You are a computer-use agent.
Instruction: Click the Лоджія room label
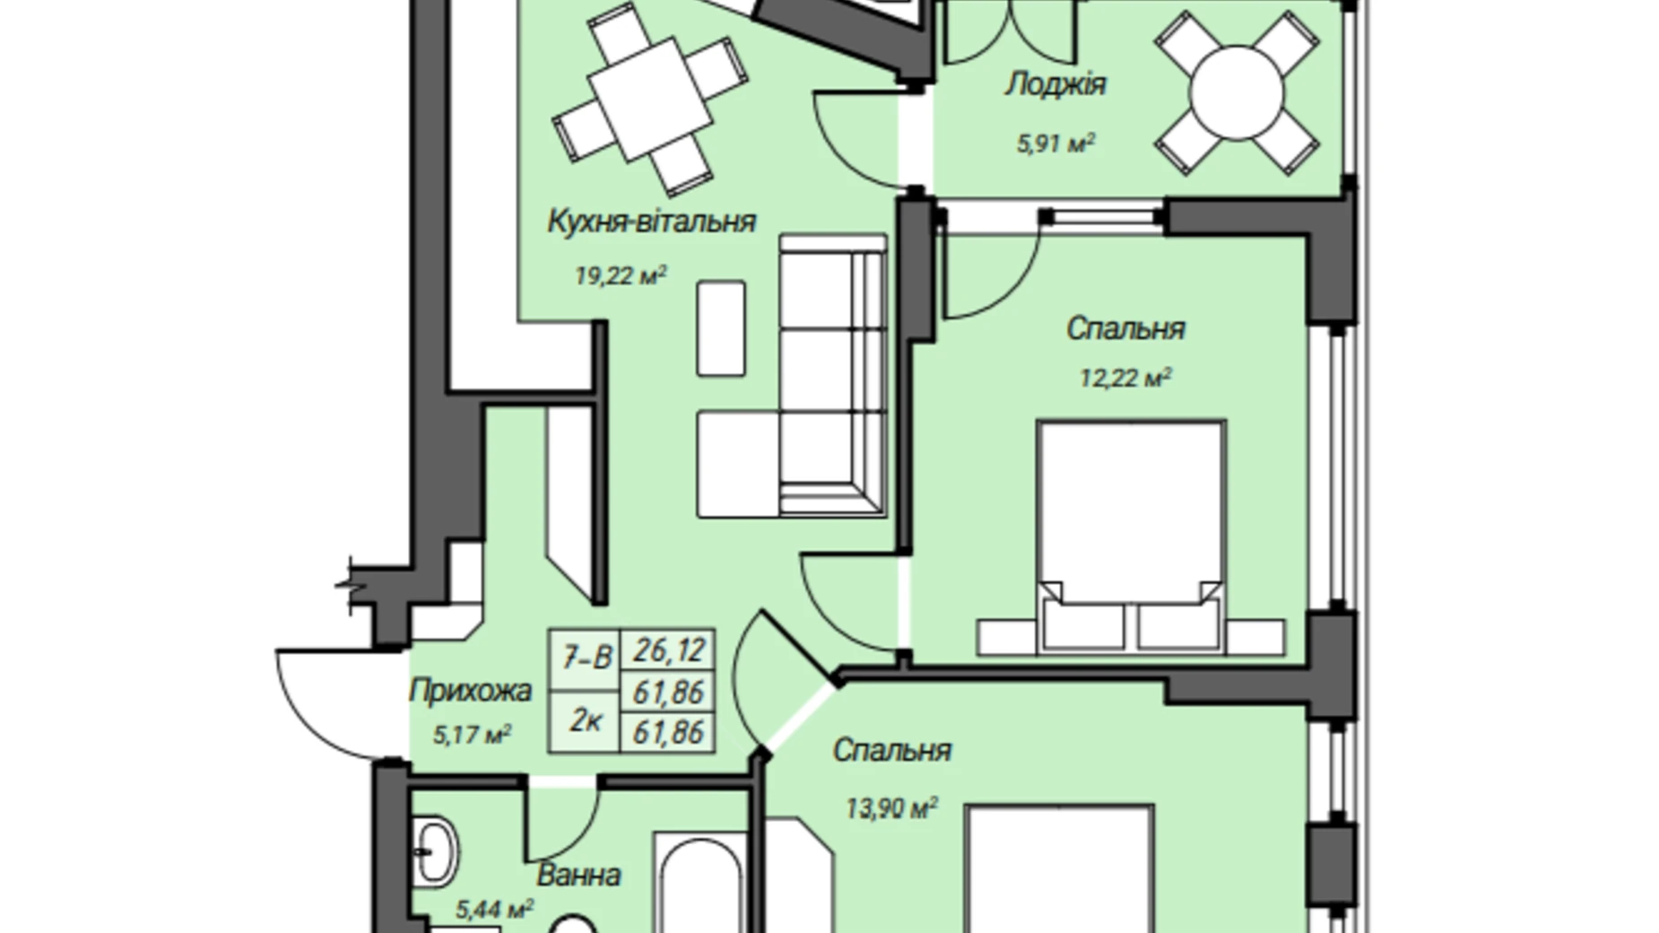tap(1055, 85)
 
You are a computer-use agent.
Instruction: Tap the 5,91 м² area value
tap(1055, 144)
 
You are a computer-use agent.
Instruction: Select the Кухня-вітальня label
tap(652, 221)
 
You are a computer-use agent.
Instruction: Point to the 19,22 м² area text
tap(621, 275)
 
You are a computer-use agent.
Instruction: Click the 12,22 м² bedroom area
tap(1125, 378)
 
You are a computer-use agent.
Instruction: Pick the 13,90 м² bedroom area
tap(891, 809)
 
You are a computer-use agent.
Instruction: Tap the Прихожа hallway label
tap(471, 691)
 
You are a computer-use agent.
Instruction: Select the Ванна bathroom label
tap(578, 875)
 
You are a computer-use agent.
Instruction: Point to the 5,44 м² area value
tap(495, 910)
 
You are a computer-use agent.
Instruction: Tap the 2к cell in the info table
tap(586, 720)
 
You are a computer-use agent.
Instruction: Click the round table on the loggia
tap(1236, 92)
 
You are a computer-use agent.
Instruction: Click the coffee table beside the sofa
tap(721, 327)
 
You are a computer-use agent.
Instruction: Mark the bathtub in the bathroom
tap(699, 883)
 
